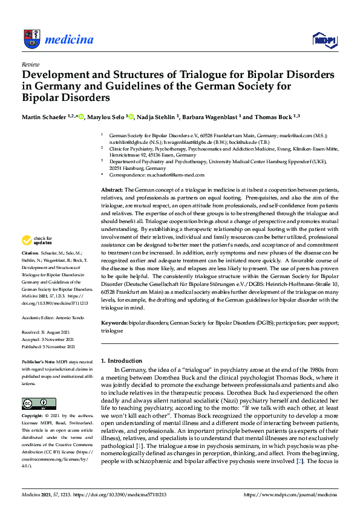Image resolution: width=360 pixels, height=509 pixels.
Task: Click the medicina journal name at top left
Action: [x=69, y=40]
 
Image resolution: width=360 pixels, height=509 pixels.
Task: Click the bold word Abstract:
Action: [x=113, y=190]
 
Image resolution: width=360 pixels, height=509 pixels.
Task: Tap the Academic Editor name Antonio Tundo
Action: [x=65, y=316]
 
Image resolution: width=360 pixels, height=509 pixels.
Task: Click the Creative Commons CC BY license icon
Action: [x=35, y=404]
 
